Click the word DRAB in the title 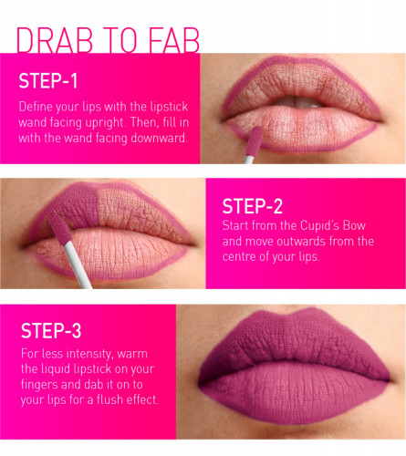[x=55, y=40]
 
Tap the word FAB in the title [x=174, y=40]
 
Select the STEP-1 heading [x=48, y=81]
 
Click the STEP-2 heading [x=253, y=206]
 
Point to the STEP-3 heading [x=51, y=331]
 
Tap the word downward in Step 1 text [x=158, y=138]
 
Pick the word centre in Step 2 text [x=239, y=257]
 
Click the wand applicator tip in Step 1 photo [x=254, y=140]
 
